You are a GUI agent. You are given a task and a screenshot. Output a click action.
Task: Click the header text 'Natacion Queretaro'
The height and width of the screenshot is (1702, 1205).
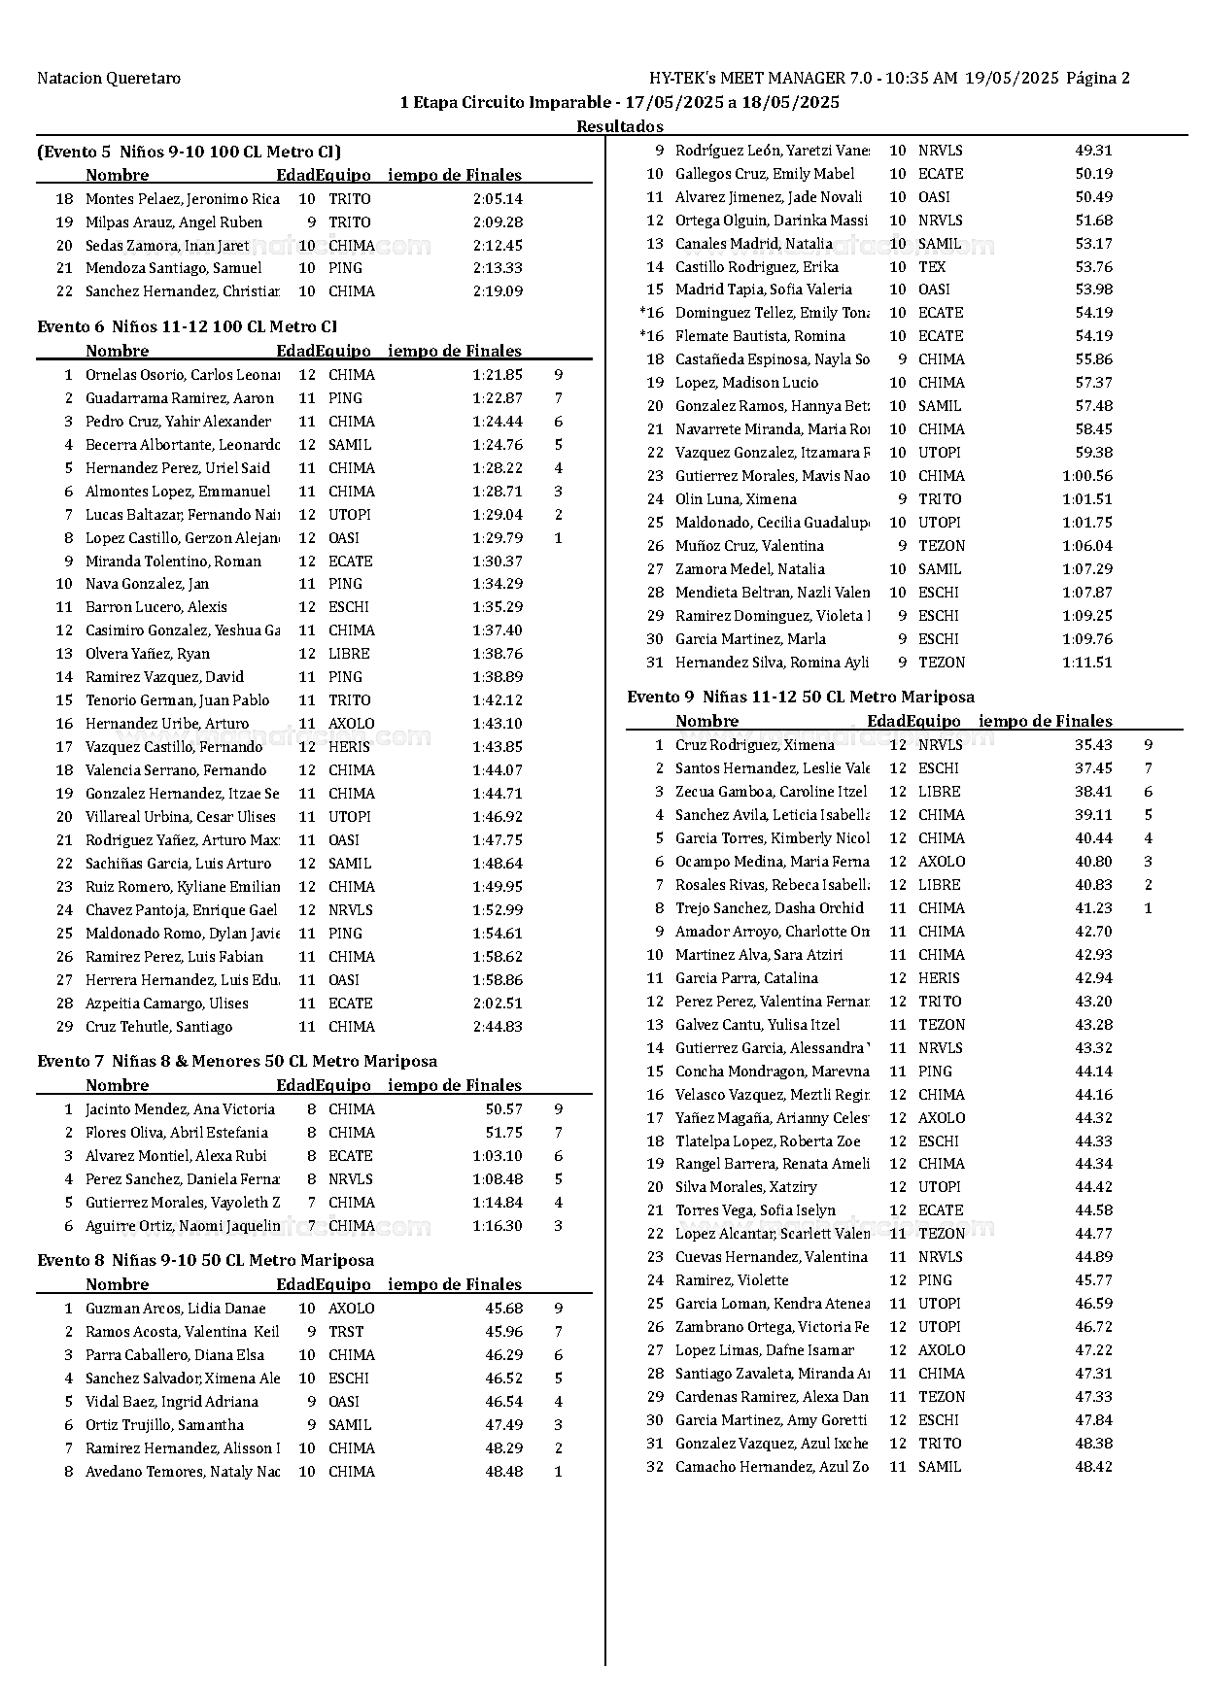coord(109,79)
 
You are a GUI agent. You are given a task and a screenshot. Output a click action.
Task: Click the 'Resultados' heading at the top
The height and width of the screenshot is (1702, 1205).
coord(620,126)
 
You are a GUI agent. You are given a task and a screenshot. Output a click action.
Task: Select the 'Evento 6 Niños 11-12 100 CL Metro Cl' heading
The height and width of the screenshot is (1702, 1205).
coord(188,326)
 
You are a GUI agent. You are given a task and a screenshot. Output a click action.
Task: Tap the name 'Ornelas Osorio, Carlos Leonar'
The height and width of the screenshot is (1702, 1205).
coord(183,375)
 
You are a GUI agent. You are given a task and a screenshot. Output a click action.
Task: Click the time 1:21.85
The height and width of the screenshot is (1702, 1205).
coord(498,375)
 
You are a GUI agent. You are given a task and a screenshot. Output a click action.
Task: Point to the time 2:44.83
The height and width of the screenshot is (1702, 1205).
coord(498,1027)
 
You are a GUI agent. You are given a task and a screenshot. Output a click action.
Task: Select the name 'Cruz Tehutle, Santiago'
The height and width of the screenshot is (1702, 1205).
coord(159,1027)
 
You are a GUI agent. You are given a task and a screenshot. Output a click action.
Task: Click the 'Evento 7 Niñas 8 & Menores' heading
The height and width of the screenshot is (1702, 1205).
coord(237,1061)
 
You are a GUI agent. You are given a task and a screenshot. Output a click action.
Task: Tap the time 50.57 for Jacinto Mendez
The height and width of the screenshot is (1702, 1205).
coord(504,1109)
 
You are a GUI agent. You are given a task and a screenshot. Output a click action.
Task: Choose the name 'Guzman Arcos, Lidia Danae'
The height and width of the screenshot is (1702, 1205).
coord(176,1309)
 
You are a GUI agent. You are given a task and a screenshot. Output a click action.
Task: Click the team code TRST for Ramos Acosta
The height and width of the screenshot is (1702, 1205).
coord(346,1332)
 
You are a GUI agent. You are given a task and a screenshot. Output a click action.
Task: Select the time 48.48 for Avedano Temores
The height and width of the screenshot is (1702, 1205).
coord(504,1472)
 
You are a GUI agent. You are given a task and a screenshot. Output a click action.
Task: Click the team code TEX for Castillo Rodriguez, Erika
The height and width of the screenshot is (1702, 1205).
coord(932,267)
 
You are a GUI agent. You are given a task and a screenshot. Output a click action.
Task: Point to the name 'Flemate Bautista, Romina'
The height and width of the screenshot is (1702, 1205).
coord(760,336)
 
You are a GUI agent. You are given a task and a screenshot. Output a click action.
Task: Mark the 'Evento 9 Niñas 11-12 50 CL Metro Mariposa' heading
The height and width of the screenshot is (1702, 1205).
coord(801,697)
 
